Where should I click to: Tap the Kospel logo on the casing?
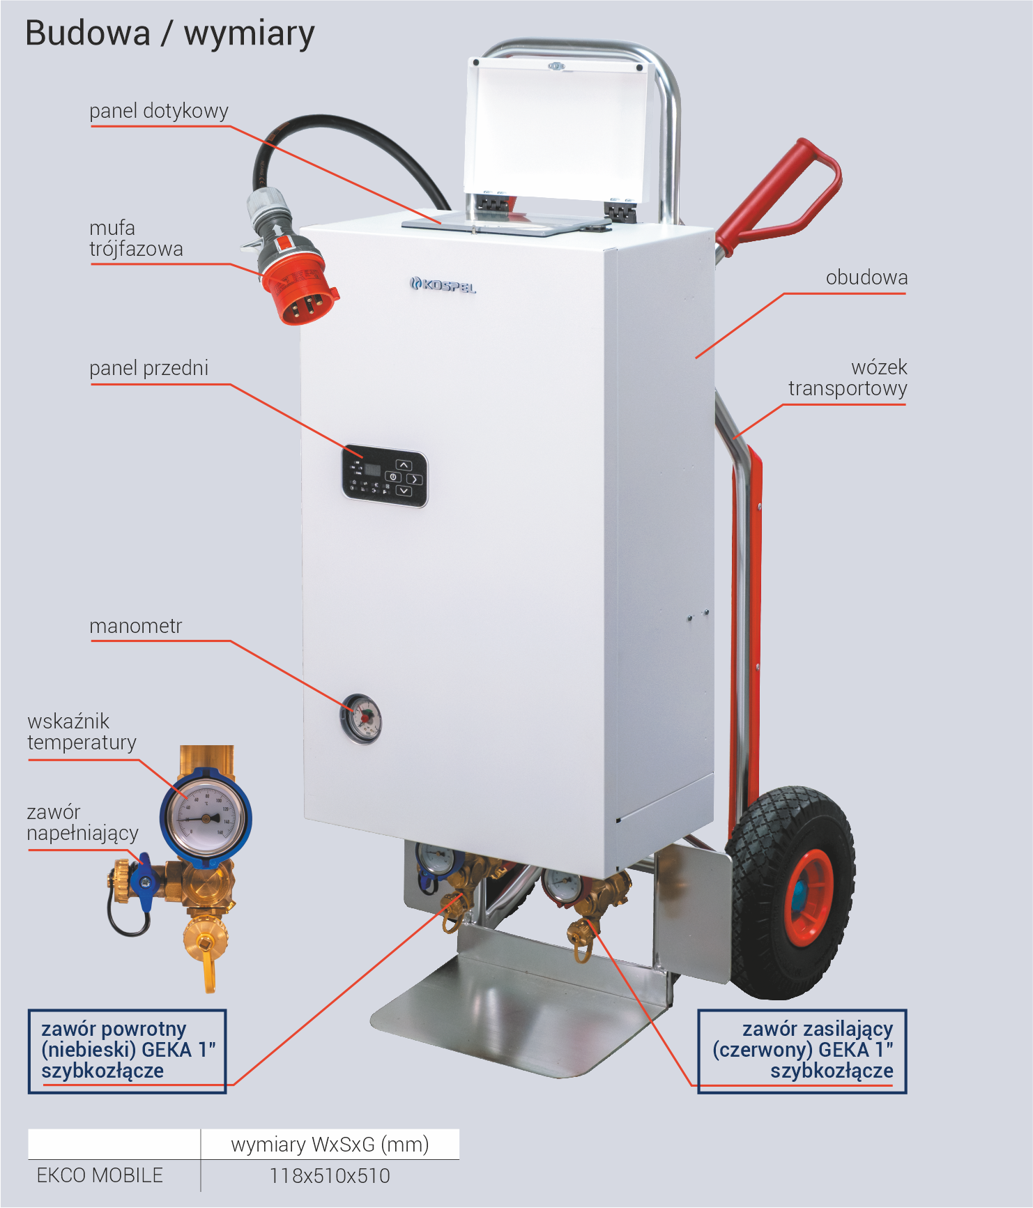coord(443,284)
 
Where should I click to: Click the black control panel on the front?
coord(384,475)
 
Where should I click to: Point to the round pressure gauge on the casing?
coord(361,719)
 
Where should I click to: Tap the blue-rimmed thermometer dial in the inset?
coord(206,817)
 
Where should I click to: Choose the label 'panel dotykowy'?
coord(159,111)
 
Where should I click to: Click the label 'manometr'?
coord(136,626)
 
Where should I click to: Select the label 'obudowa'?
coord(866,277)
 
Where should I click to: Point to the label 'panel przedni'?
coord(149,368)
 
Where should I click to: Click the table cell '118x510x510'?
coord(330,1176)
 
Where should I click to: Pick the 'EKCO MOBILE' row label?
coord(100,1175)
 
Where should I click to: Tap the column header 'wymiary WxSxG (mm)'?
coord(330,1145)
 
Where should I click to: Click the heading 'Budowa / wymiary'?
coord(170,33)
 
